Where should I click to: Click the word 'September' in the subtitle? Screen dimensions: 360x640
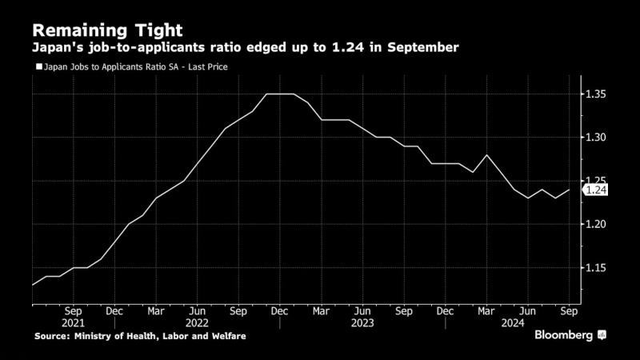pos(424,48)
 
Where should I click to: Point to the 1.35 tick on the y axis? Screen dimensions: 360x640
pos(594,94)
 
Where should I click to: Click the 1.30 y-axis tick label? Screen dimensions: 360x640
pos(594,138)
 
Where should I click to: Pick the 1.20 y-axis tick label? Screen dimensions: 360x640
pos(594,224)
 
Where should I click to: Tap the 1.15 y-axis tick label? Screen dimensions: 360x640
pos(594,267)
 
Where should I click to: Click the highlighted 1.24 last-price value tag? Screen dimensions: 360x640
pos(595,190)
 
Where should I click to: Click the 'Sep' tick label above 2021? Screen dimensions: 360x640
pos(73,310)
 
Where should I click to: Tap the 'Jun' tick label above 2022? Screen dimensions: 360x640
pos(198,310)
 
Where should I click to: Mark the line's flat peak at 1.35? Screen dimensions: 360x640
pos(280,94)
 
